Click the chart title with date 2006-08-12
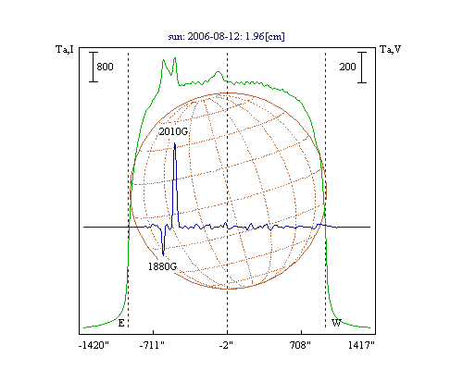(226, 36)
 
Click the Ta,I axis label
(65, 49)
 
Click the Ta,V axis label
(390, 49)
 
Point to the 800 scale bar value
(105, 67)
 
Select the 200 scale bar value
(347, 67)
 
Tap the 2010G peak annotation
(173, 131)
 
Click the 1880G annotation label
(162, 266)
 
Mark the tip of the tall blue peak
(175, 142)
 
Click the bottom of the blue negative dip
(163, 255)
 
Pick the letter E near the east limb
(121, 323)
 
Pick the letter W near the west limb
(336, 323)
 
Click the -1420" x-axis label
(94, 345)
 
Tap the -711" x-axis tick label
(152, 345)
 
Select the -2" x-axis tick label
(226, 345)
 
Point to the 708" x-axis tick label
(300, 345)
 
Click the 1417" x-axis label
(361, 345)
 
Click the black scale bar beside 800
(94, 67)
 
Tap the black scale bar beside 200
(362, 68)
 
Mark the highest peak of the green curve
(175, 57)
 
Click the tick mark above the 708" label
(301, 332)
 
